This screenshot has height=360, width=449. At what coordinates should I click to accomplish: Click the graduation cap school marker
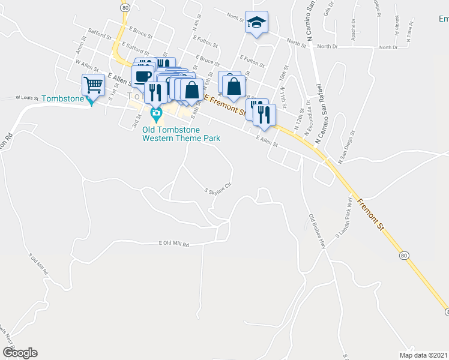click(x=256, y=23)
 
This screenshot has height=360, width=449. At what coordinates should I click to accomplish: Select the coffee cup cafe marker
click(x=142, y=77)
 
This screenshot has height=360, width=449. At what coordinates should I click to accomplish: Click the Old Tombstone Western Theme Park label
click(x=181, y=133)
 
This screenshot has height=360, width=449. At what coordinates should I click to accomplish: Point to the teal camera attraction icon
click(x=155, y=113)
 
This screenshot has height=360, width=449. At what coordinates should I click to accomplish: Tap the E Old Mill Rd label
click(x=174, y=244)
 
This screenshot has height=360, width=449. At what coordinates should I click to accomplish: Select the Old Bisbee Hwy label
click(x=317, y=231)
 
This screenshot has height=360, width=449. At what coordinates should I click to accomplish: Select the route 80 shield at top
click(x=125, y=7)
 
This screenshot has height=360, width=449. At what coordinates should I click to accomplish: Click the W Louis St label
click(x=27, y=97)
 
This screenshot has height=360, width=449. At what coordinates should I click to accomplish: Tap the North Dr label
click(x=327, y=46)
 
